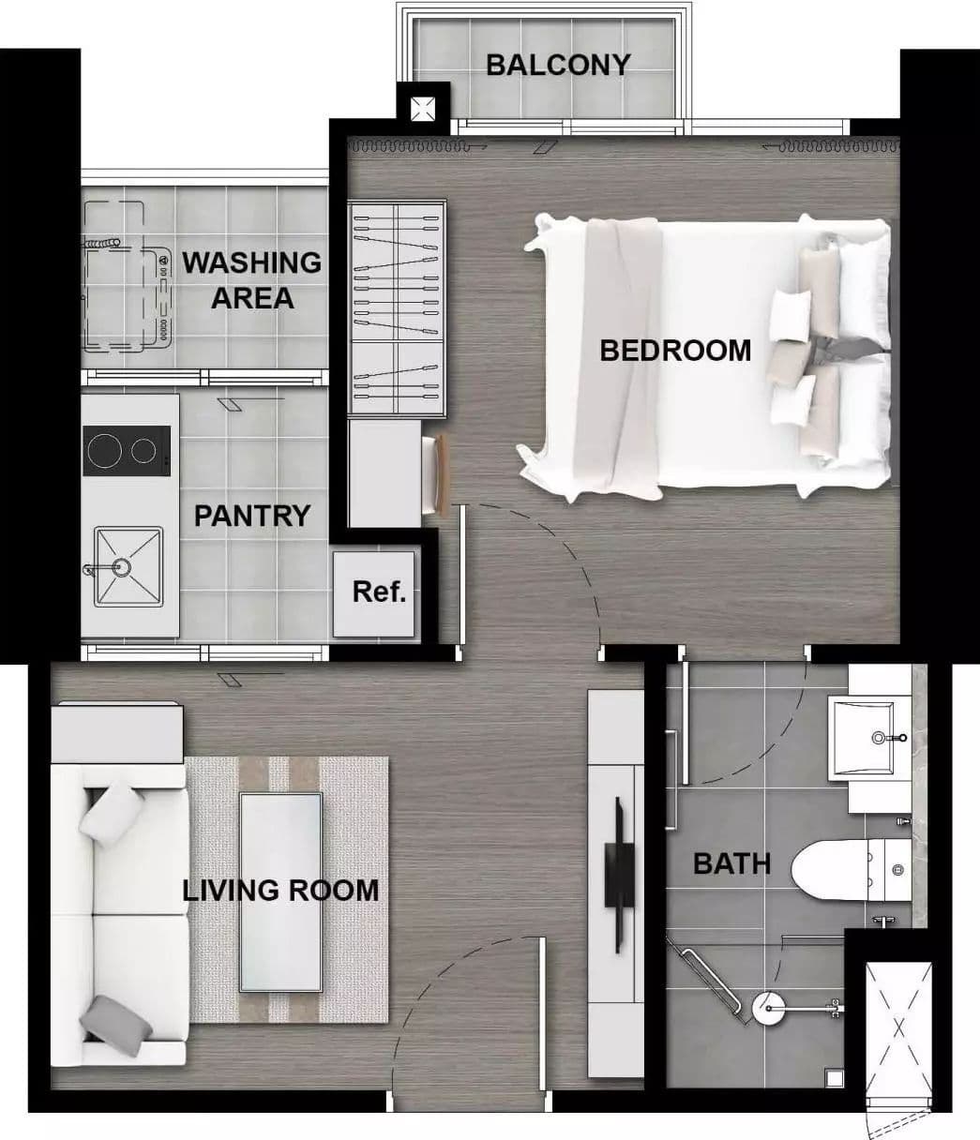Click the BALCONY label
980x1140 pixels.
click(x=558, y=65)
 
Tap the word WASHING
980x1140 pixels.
click(x=251, y=262)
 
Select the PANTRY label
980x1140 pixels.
click(x=252, y=516)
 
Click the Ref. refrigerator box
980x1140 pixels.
click(x=374, y=594)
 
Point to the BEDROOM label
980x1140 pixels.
click(x=675, y=351)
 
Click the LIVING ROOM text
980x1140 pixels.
click(x=280, y=891)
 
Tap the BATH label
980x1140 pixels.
click(x=731, y=863)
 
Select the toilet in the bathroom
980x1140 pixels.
click(x=852, y=871)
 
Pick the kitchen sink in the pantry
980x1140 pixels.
click(x=128, y=567)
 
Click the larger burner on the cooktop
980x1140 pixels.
click(x=104, y=451)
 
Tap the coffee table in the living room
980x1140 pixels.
click(x=280, y=892)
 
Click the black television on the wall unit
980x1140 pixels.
click(x=620, y=876)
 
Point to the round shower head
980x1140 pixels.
click(x=768, y=1008)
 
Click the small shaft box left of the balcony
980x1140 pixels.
click(x=423, y=108)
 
